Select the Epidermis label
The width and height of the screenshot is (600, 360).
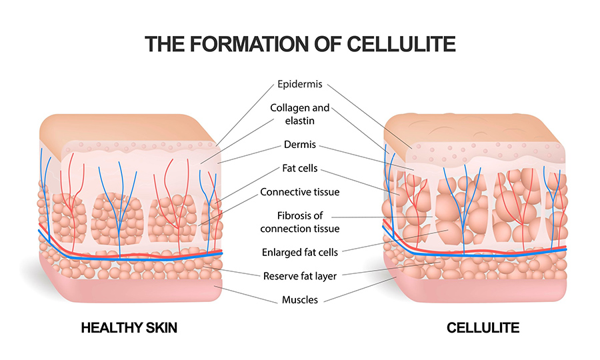click(300, 84)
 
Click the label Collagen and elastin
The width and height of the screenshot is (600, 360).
click(300, 114)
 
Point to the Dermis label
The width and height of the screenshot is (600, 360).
click(300, 145)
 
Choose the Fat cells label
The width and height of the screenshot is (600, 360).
click(300, 168)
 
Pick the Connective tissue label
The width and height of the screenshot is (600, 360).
click(300, 192)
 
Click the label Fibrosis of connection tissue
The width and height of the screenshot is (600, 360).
click(300, 222)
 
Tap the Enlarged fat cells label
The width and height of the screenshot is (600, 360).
click(300, 253)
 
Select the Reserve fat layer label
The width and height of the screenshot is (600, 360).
click(300, 276)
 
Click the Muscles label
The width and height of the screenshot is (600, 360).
click(300, 300)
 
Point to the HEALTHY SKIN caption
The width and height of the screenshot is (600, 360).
click(129, 328)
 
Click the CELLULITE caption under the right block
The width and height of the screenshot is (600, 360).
click(483, 328)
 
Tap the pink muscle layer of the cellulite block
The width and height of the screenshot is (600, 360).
click(478, 290)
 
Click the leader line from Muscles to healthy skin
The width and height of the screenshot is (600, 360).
click(245, 295)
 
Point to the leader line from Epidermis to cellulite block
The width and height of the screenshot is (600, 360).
click(369, 116)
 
